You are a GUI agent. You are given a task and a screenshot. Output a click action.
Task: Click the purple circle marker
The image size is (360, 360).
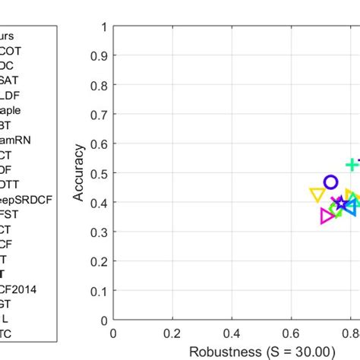330,182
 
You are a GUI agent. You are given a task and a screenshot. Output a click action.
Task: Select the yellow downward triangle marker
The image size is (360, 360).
317,194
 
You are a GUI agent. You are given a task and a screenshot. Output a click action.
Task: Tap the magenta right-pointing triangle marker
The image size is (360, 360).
327,216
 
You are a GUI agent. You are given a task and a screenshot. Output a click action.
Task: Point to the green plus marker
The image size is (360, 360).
352,165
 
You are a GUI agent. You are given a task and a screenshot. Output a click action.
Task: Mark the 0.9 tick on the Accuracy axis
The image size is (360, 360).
98,56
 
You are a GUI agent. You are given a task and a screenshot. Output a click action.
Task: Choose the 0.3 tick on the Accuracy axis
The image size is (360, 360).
98,233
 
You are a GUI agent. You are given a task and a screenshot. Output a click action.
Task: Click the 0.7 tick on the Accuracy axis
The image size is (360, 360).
98,115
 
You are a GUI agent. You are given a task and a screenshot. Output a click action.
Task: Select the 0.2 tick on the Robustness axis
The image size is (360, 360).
172,333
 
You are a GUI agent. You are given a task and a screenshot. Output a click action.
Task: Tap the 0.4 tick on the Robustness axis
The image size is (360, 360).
232,333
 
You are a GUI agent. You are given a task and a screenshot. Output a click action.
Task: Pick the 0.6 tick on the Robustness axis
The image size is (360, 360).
291,333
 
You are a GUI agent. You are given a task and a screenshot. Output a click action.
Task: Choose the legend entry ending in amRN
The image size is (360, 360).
17,140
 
